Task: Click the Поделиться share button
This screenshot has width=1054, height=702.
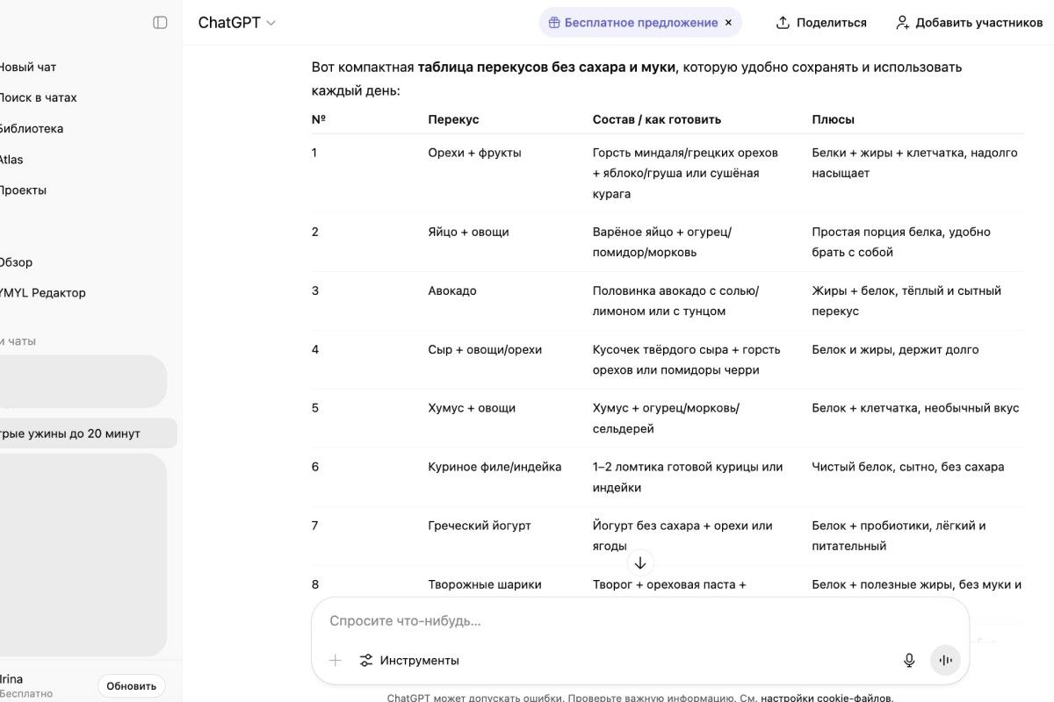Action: click(821, 23)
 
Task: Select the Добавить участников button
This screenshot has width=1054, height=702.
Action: click(969, 23)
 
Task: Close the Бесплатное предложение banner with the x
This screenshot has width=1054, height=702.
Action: click(728, 23)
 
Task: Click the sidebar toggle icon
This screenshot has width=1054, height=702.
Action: click(160, 23)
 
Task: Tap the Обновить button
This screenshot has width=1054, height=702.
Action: click(131, 685)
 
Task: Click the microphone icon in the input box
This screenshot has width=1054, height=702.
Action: click(909, 660)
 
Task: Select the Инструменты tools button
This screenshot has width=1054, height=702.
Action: click(409, 660)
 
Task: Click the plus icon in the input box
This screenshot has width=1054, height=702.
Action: click(335, 660)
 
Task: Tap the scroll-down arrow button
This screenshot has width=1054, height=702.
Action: click(640, 562)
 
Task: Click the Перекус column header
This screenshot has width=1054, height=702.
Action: click(453, 119)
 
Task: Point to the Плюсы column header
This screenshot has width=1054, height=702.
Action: click(833, 119)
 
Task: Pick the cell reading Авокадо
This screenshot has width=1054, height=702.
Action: click(452, 290)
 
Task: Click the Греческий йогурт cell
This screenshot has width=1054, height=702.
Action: click(480, 526)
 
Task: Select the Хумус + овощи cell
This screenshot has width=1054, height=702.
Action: click(472, 408)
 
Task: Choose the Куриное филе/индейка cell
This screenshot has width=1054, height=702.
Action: click(495, 467)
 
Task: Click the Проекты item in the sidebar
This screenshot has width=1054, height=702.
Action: click(23, 190)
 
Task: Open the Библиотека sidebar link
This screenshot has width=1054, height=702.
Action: click(31, 128)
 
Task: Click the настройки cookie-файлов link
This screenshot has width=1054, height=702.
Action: click(827, 698)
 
